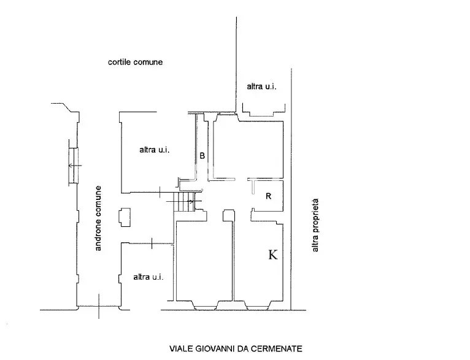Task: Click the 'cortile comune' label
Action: point(135,62)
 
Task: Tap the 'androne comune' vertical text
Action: point(98,218)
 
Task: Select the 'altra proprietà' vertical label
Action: point(315,225)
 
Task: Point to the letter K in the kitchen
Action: point(273,255)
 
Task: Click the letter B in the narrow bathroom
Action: point(202,156)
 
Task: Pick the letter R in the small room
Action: point(269,196)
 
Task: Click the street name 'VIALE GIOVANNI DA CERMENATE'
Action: point(236,348)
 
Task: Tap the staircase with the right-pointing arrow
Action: point(185,202)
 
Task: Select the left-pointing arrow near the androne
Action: point(75,166)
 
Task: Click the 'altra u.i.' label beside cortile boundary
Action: point(261,86)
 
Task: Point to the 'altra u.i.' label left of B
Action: point(155,150)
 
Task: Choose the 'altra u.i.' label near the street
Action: point(148,277)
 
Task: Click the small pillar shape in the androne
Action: point(125,218)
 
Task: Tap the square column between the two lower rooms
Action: point(229,215)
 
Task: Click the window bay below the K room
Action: point(258,305)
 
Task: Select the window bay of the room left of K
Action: point(206,305)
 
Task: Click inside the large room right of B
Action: point(248,149)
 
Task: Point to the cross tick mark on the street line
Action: point(99,306)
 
